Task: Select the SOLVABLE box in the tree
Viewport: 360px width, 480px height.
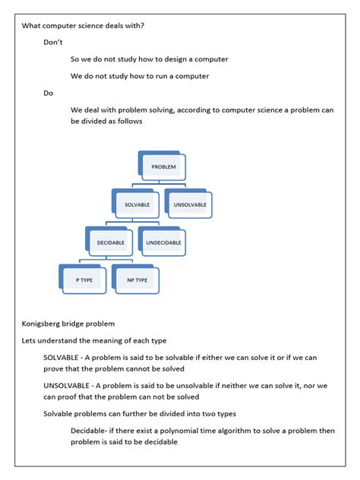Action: click(x=137, y=205)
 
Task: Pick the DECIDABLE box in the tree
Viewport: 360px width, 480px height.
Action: click(x=110, y=243)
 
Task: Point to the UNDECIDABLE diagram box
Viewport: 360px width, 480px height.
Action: click(x=163, y=243)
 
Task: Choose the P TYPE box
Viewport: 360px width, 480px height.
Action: click(x=84, y=281)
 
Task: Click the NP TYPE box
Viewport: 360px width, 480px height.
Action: click(x=137, y=281)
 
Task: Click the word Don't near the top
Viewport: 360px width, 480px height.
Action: click(x=53, y=43)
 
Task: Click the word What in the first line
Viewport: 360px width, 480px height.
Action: click(x=32, y=26)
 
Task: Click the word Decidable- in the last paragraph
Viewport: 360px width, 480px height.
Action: click(x=94, y=431)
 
